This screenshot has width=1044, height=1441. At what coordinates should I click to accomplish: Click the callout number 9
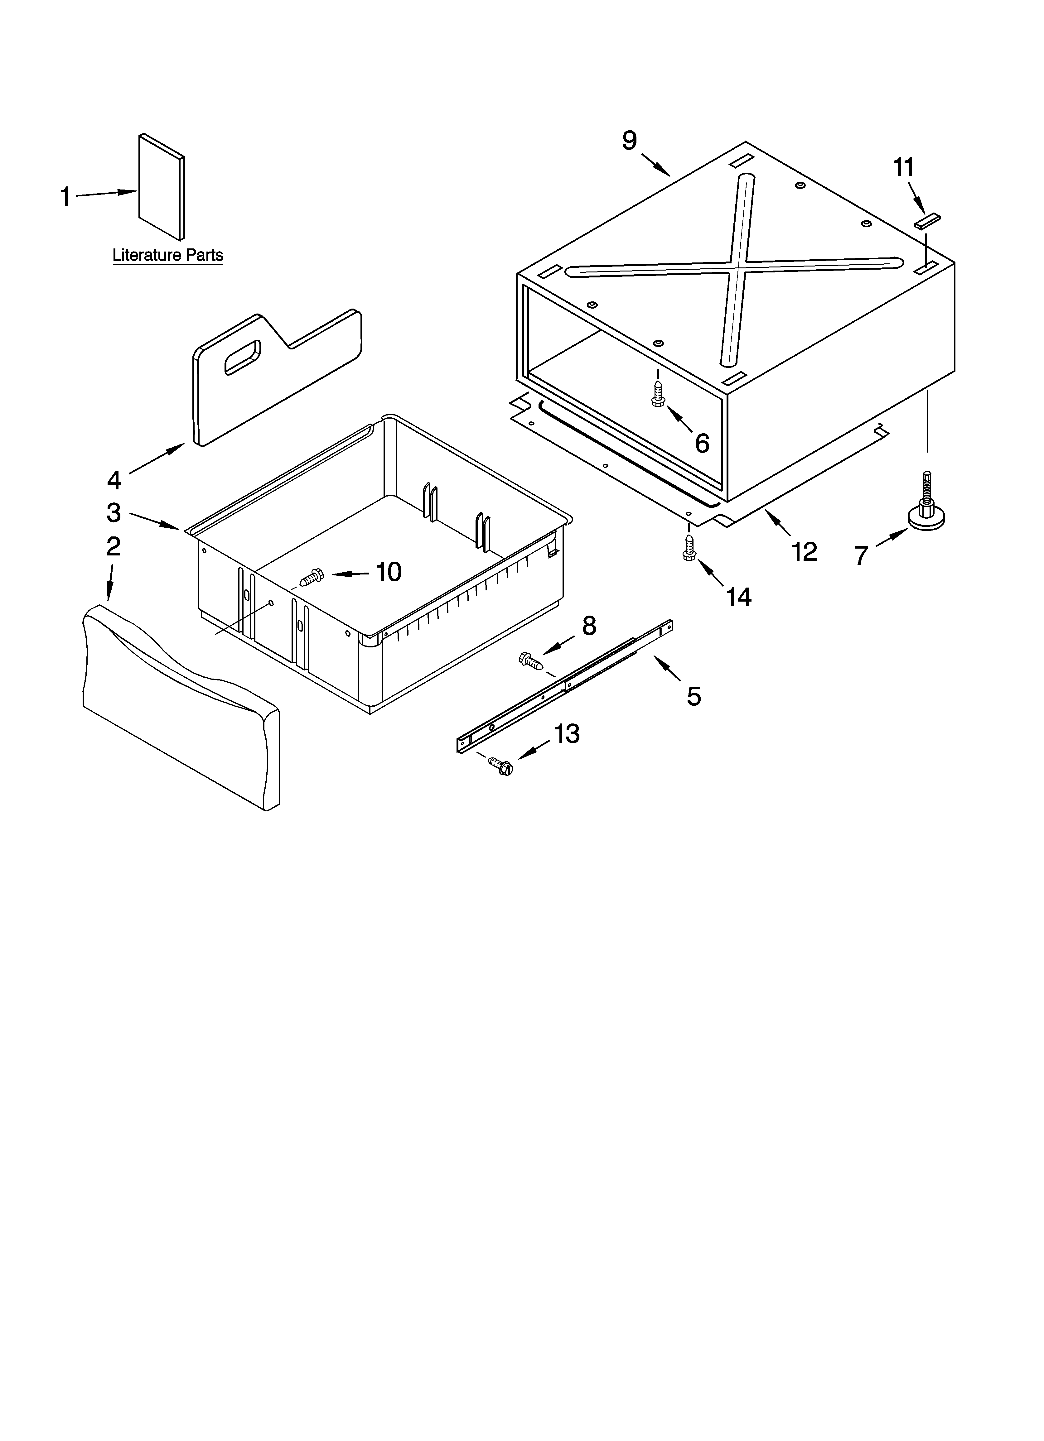[629, 140]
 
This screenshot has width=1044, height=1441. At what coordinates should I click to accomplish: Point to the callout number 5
[694, 696]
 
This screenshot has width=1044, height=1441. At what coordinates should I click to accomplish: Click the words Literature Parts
[168, 255]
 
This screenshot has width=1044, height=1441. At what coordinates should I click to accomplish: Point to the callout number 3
[113, 512]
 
